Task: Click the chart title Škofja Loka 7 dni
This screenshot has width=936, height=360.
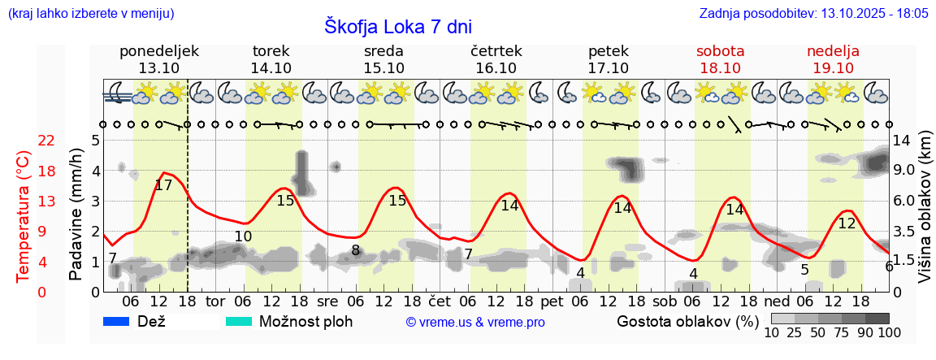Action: pos(397,26)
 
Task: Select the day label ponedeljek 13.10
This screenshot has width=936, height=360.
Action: pos(159,59)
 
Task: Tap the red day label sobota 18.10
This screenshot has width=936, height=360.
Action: pos(720,59)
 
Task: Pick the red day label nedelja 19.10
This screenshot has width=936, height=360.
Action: pos(833,59)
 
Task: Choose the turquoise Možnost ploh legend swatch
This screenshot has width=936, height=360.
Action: pos(239,322)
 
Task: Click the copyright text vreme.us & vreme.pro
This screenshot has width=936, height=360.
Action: pos(475,323)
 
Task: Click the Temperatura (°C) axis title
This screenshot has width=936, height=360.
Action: pos(24,216)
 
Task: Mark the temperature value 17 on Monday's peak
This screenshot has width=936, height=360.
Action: pos(163,185)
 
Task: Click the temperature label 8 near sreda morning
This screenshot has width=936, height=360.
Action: pos(356,250)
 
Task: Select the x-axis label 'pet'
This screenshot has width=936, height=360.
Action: pos(552,301)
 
